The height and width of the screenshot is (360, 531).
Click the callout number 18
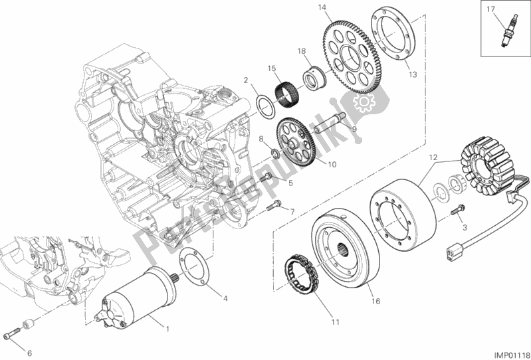click(300, 50)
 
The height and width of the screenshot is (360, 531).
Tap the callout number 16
click(375, 302)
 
